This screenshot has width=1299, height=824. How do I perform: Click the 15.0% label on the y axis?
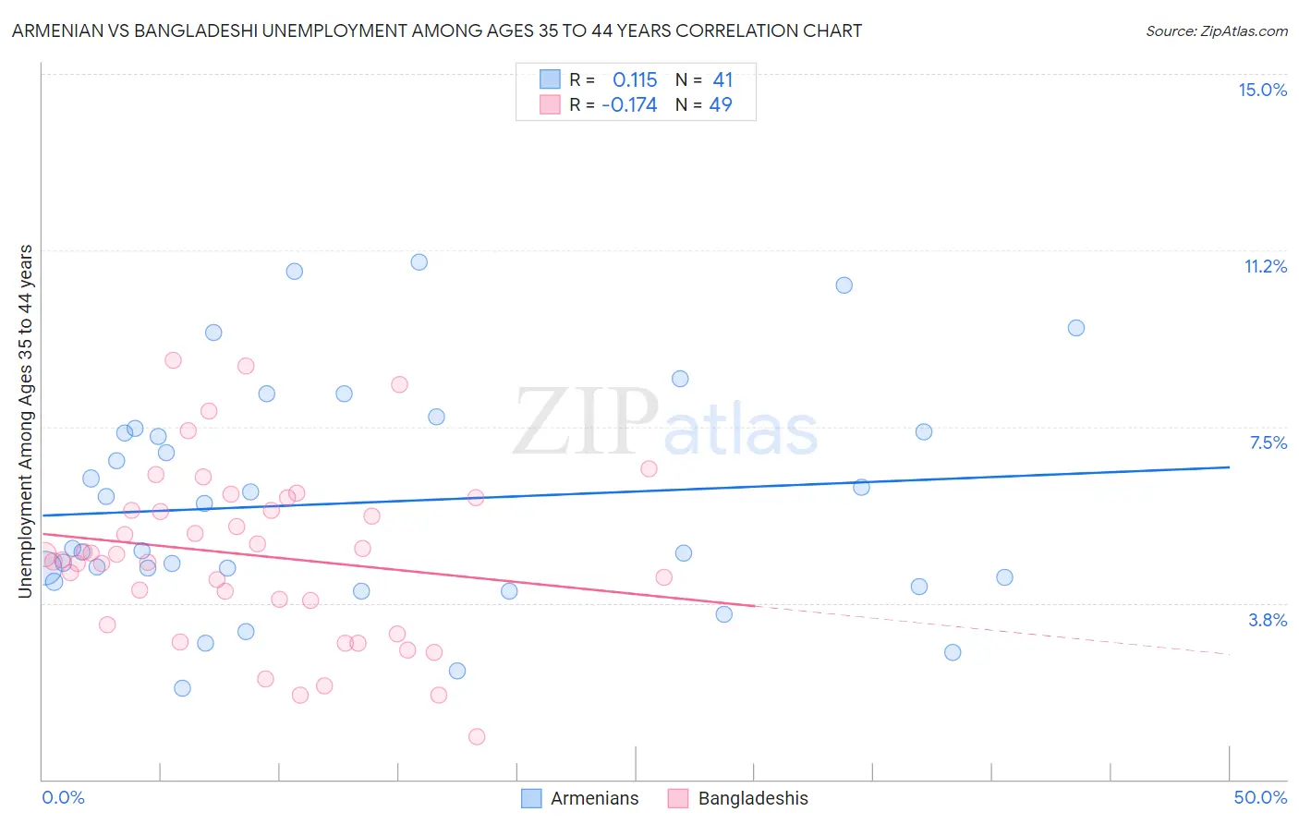1262,90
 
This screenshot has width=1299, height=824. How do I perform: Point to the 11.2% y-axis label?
1265,266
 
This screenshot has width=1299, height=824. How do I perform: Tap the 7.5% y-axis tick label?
1268,442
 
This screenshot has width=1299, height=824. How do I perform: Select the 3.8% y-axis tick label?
1268,620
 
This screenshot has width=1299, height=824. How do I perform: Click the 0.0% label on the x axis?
63,797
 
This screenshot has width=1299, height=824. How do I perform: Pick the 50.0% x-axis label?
1260,797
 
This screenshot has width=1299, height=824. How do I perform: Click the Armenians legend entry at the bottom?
594,798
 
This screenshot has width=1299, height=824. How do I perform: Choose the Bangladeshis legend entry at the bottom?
752,798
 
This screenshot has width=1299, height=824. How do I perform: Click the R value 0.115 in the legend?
635,80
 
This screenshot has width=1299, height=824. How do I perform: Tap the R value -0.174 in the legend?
629,105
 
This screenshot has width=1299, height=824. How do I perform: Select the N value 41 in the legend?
722,80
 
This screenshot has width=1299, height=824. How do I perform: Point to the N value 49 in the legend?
721,105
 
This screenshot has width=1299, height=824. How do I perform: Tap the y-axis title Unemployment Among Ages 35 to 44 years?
26,421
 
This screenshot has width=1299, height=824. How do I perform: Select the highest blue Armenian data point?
419,262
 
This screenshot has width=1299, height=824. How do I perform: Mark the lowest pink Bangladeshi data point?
477,736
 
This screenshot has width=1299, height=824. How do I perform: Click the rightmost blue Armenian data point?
1075,328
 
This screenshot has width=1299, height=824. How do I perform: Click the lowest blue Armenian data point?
182,688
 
